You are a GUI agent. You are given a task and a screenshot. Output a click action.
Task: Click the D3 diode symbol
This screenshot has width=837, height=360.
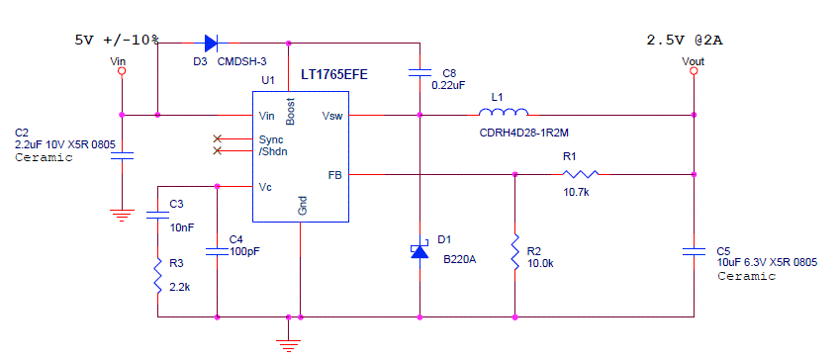211,43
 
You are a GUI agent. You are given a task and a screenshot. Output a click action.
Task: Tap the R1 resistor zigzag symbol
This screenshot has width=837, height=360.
578,173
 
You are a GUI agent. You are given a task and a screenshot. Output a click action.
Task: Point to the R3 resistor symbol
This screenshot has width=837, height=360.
157,274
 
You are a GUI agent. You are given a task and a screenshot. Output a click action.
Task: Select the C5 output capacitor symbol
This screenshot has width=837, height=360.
695,251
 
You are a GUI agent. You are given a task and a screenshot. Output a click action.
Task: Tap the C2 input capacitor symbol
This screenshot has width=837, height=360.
122,153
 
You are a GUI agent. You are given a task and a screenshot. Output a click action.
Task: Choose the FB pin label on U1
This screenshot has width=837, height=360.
334,174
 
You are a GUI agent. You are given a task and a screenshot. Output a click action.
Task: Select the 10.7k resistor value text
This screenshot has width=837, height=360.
576,191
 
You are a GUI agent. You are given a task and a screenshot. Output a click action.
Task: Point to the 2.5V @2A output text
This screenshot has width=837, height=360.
685,41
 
